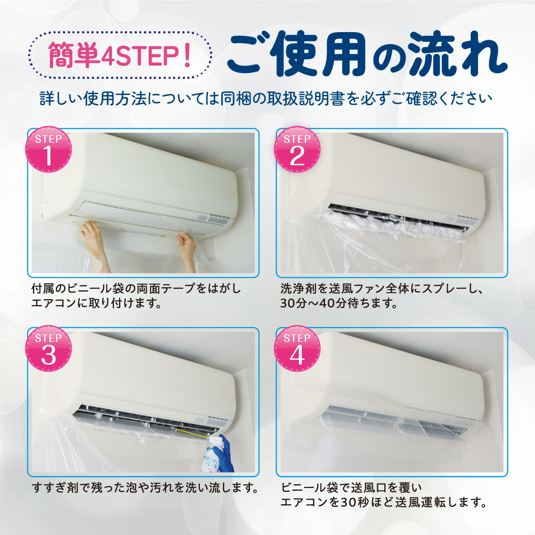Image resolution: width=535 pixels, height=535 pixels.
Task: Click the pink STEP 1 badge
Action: click(x=48, y=149)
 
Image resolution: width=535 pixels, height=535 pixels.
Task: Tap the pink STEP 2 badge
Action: click(x=297, y=149)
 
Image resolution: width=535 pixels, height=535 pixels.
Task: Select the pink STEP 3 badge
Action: click(x=48, y=349)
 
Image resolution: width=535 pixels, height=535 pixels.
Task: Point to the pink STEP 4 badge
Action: click(x=297, y=349)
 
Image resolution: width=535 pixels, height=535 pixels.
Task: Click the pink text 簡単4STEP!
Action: click(x=119, y=55)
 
